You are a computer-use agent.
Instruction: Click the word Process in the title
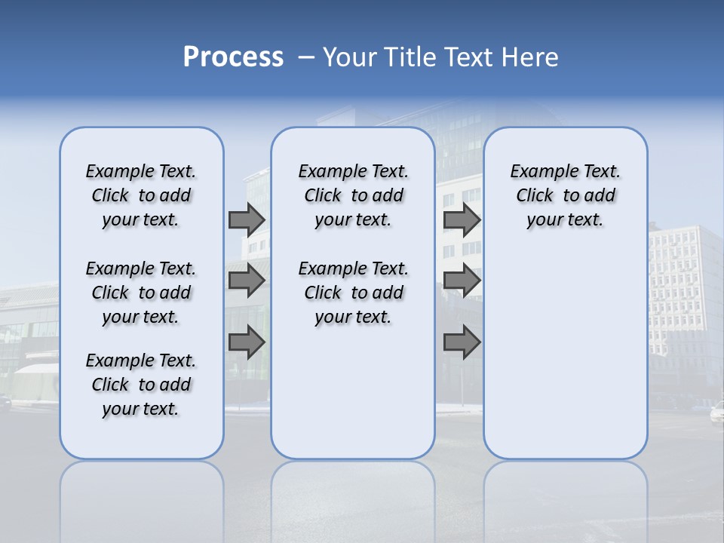(x=233, y=57)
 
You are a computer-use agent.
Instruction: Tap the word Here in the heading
(x=531, y=57)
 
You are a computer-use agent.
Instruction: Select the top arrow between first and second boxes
(x=247, y=219)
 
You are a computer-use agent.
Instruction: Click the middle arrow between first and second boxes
(x=247, y=281)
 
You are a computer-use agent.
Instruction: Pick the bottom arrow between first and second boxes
(x=247, y=342)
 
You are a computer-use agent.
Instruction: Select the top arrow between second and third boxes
(x=462, y=219)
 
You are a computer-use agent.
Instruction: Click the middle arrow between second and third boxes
(x=462, y=281)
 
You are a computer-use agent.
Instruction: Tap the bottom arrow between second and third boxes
(x=462, y=342)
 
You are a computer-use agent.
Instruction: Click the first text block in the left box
(x=141, y=195)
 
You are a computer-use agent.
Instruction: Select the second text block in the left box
(x=141, y=293)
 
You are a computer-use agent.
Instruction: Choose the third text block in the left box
(x=141, y=385)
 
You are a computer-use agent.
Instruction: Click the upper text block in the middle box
(x=353, y=195)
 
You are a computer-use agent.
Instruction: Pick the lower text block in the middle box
(x=353, y=293)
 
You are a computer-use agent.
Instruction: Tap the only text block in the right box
(x=565, y=195)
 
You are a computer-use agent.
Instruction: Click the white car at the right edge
(x=716, y=412)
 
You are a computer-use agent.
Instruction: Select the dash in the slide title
(x=306, y=57)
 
